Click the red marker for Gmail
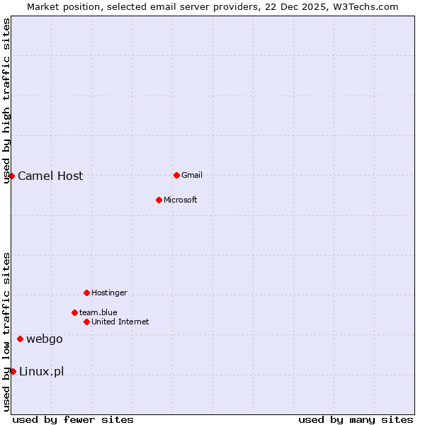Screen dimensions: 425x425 pos(176,175)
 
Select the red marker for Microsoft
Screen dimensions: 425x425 pos(159,200)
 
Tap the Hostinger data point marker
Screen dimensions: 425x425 pos(86,293)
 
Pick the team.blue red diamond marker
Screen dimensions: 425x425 pos(74,312)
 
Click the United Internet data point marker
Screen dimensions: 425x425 pos(86,322)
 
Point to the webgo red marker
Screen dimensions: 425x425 pos(20,339)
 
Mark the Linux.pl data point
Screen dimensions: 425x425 pos(13,371)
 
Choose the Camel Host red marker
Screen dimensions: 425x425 pos(11,176)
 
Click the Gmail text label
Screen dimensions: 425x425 pos(192,175)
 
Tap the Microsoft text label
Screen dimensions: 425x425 pos(180,200)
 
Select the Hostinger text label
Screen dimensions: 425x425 pos(109,293)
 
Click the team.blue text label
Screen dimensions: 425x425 pos(98,312)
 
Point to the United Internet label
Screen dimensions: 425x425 pos(120,322)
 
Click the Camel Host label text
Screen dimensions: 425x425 pos(50,176)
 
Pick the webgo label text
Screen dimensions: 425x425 pos(45,339)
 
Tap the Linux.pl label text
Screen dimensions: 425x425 pos(41,372)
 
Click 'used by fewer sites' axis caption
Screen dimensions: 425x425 pos(73,419)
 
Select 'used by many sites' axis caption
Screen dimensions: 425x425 pos(356,419)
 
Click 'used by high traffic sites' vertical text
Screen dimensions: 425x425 pos(6,101)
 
